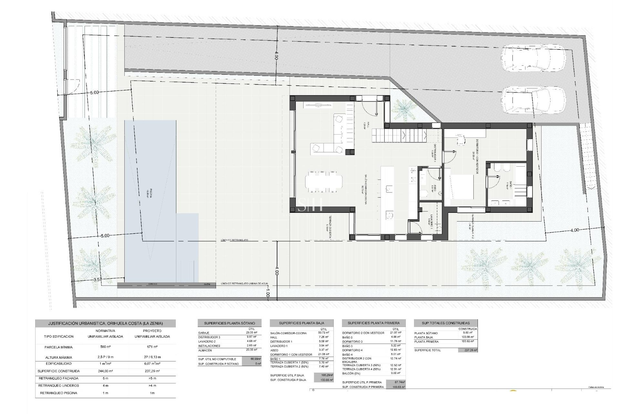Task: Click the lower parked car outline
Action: click(533, 101)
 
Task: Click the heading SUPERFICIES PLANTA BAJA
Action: click(301, 323)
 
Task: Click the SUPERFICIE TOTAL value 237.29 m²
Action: click(468, 350)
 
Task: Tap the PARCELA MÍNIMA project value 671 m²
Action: click(152, 347)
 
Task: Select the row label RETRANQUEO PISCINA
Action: click(58, 393)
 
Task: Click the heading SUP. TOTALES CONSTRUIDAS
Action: click(446, 323)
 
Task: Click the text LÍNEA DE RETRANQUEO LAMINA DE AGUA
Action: click(244, 284)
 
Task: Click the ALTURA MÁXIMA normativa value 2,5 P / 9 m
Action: click(105, 357)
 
